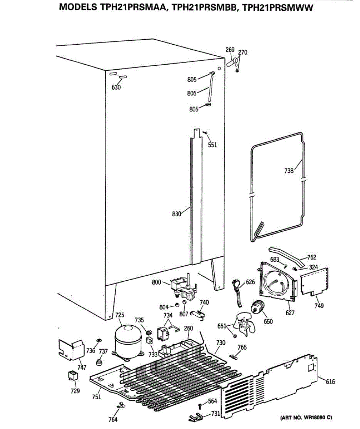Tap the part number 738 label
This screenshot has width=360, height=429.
point(289,171)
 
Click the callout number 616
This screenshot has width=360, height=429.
point(330,382)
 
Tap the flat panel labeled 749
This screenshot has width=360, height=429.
point(315,281)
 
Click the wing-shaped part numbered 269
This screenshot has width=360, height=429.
point(232,63)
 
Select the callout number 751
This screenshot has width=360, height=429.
point(96,396)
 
